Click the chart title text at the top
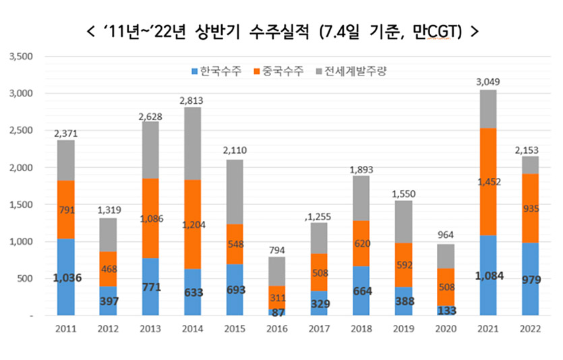(282, 31)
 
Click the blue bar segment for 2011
(65, 276)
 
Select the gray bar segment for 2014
(193, 143)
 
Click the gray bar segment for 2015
(235, 191)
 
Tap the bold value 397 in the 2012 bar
(108, 300)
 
